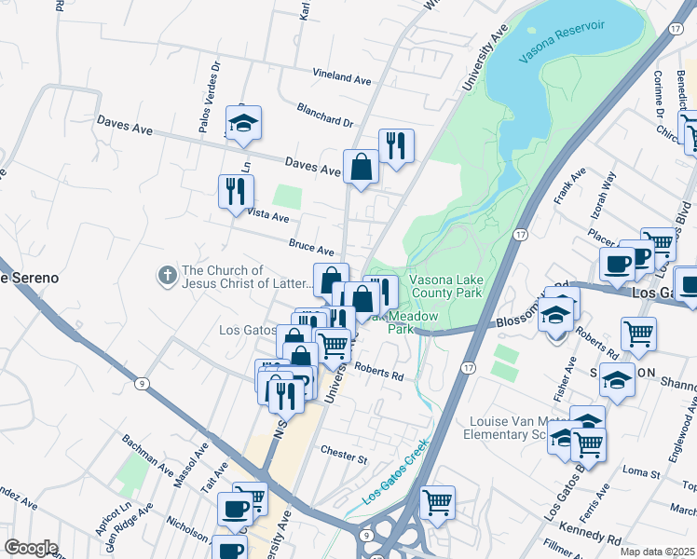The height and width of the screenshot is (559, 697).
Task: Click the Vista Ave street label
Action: (x=266, y=215)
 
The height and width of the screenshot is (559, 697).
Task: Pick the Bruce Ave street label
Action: (x=311, y=249)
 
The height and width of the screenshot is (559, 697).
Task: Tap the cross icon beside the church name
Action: (x=167, y=275)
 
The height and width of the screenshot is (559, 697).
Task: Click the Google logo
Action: (x=32, y=547)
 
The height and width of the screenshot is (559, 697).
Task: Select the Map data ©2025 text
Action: (x=658, y=552)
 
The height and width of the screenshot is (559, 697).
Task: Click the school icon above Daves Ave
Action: (x=243, y=124)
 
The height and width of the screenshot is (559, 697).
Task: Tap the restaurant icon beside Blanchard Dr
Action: (x=396, y=146)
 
